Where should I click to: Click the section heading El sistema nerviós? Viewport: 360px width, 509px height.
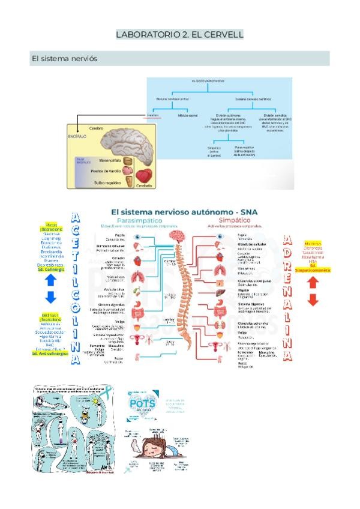point(64,59)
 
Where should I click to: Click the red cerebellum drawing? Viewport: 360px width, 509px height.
point(144,175)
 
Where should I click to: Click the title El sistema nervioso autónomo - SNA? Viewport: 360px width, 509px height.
point(179,211)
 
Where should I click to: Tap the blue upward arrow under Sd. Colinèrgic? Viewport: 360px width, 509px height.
point(50,280)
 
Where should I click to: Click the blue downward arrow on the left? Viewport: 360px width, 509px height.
point(50,296)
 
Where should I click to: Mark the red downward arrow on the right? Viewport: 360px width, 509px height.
point(312,300)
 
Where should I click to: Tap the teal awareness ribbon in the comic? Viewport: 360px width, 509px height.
point(106,393)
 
